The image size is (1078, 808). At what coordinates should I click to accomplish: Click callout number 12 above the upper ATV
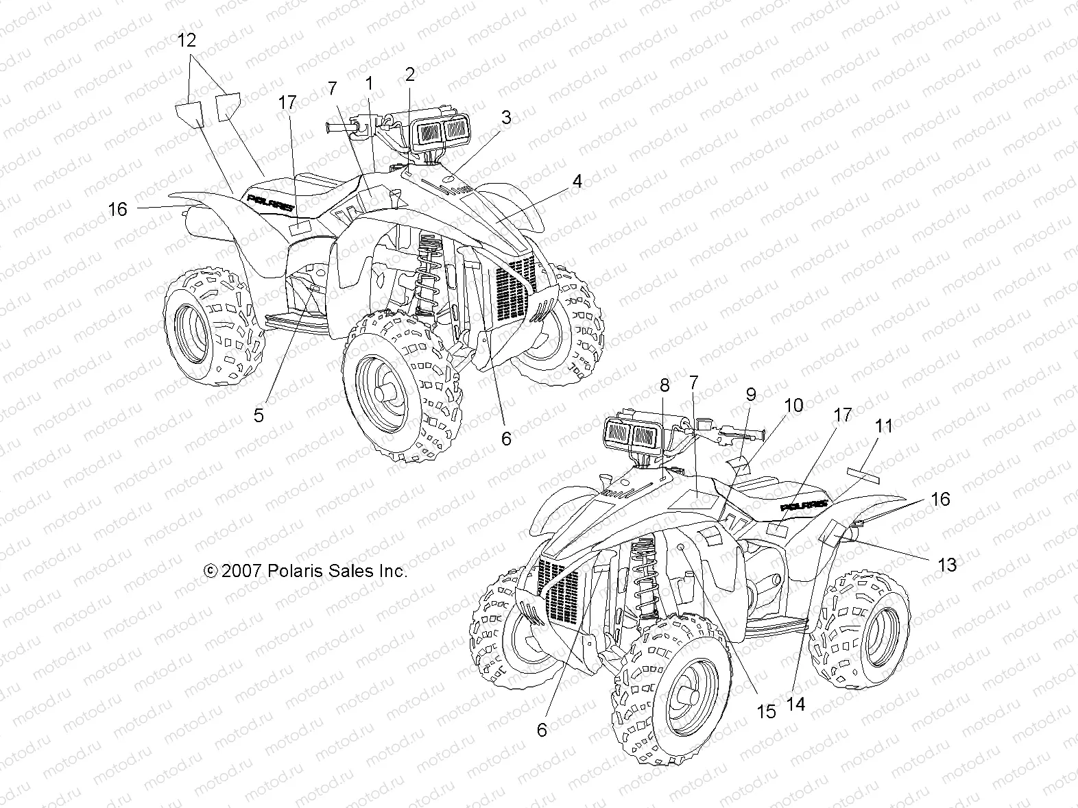tap(187, 41)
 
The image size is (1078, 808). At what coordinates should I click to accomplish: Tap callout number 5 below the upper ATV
tap(259, 415)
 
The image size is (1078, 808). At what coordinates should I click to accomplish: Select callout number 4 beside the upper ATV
tap(577, 182)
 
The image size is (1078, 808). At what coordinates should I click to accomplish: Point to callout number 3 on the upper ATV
tap(506, 117)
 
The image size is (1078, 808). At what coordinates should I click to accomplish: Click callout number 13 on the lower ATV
tap(946, 565)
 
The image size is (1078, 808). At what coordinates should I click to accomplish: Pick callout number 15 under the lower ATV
tap(766, 711)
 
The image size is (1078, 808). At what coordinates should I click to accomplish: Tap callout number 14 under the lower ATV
tap(797, 703)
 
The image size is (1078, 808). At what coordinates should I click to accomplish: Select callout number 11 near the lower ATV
tap(885, 426)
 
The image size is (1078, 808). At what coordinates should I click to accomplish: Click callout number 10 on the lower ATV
tap(793, 405)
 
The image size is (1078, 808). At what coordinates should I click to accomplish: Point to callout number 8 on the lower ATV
tap(664, 386)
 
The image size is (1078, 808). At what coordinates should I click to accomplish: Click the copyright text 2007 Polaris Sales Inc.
tap(306, 571)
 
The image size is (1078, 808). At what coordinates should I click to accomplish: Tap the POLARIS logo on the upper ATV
tap(272, 199)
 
